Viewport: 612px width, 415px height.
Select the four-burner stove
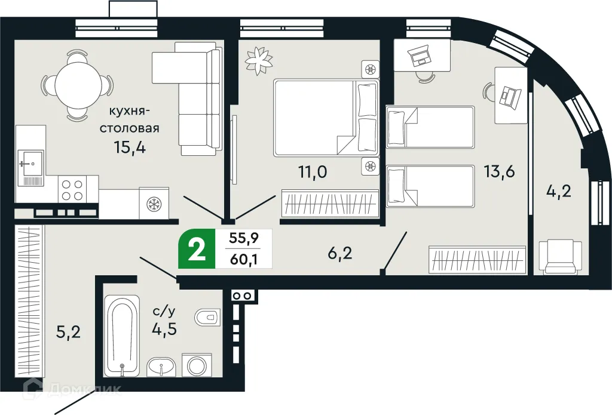pos(72,190)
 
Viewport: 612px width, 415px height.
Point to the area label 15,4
pos(129,147)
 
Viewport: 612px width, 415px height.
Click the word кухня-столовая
pos(129,119)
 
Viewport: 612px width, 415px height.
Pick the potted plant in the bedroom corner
pos(259,59)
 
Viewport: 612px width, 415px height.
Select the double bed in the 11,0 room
pos(326,118)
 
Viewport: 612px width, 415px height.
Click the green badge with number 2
pos(195,250)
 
